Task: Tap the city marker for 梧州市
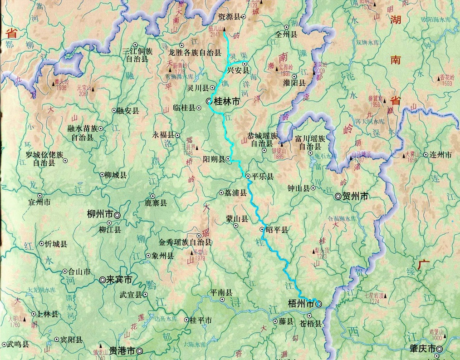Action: [x=319, y=304]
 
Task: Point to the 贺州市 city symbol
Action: [x=338, y=196]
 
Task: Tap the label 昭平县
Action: [x=277, y=230]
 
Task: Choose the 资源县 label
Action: [x=228, y=16]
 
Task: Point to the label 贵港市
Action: [x=122, y=350]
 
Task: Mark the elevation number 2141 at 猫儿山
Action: [x=215, y=35]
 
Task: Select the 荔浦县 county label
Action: [x=235, y=192]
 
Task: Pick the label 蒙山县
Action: [x=237, y=218]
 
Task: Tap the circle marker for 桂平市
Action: [x=186, y=320]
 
